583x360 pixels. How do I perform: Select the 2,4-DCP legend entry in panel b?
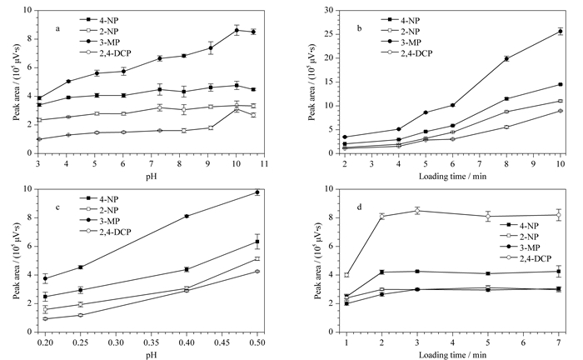(406, 53)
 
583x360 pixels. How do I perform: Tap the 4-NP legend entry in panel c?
(99, 199)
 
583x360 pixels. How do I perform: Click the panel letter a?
(57, 28)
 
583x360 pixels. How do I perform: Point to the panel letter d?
(359, 207)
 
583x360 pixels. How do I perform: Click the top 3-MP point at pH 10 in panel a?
(237, 30)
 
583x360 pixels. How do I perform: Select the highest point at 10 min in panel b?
(561, 32)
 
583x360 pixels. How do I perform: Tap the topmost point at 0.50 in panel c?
(257, 192)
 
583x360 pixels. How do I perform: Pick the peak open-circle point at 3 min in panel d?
(417, 211)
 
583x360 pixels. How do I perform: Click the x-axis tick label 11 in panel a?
(264, 163)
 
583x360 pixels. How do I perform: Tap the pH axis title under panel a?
(152, 176)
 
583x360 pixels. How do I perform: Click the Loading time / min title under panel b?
(452, 176)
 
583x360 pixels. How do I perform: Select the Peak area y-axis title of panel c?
(17, 261)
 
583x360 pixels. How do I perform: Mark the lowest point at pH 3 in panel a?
(38, 139)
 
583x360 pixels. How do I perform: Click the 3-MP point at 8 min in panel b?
(506, 58)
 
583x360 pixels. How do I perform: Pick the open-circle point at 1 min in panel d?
(346, 275)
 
